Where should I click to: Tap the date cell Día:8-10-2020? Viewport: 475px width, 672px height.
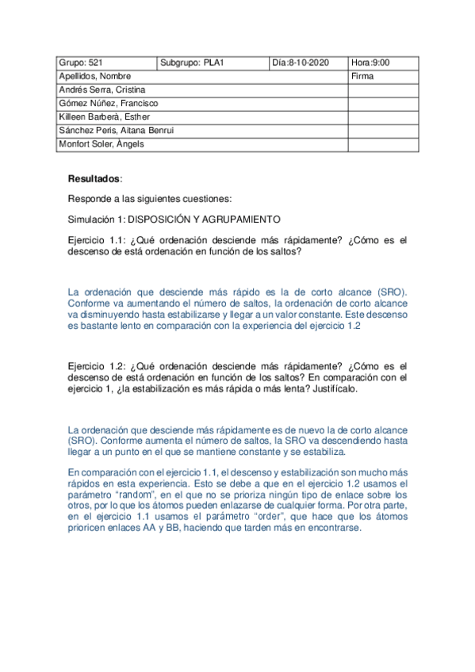tap(300, 63)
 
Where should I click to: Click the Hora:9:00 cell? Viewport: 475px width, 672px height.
tap(370, 63)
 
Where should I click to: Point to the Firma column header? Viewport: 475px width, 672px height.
tap(362, 77)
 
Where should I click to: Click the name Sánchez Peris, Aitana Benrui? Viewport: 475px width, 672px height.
tap(116, 131)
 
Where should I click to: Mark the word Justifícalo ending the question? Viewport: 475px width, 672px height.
tap(333, 389)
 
